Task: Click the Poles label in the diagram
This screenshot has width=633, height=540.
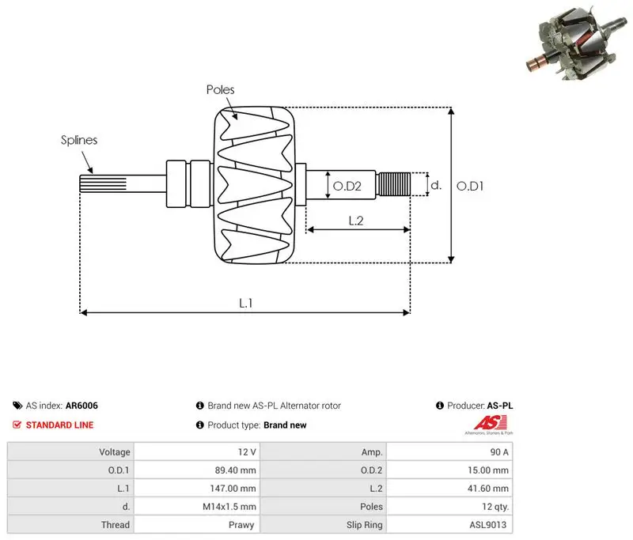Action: click(x=220, y=89)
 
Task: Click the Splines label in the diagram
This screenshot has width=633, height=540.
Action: click(x=79, y=140)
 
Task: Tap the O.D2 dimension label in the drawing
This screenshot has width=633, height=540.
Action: click(x=347, y=186)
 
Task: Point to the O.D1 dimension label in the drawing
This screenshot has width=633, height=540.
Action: click(x=470, y=186)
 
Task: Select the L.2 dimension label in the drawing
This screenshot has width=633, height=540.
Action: click(x=355, y=221)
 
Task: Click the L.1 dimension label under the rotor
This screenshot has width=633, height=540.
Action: click(x=245, y=303)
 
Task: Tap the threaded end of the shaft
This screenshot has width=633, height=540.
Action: click(x=393, y=184)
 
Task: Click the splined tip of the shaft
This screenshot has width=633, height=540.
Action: click(x=103, y=183)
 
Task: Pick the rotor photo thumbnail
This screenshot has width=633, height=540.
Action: click(x=576, y=43)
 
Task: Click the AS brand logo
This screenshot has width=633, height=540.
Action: click(x=490, y=425)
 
